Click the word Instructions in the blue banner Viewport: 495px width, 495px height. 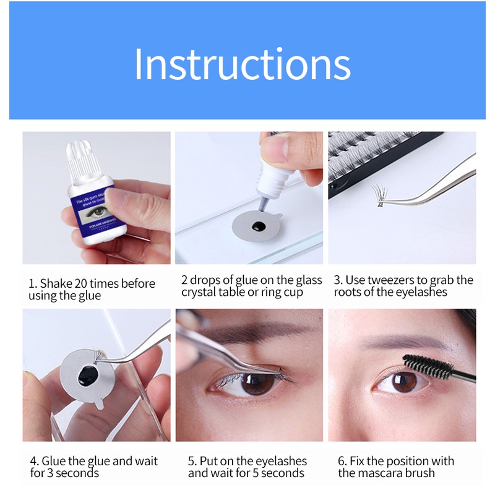242,63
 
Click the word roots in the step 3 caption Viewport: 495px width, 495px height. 351,293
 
